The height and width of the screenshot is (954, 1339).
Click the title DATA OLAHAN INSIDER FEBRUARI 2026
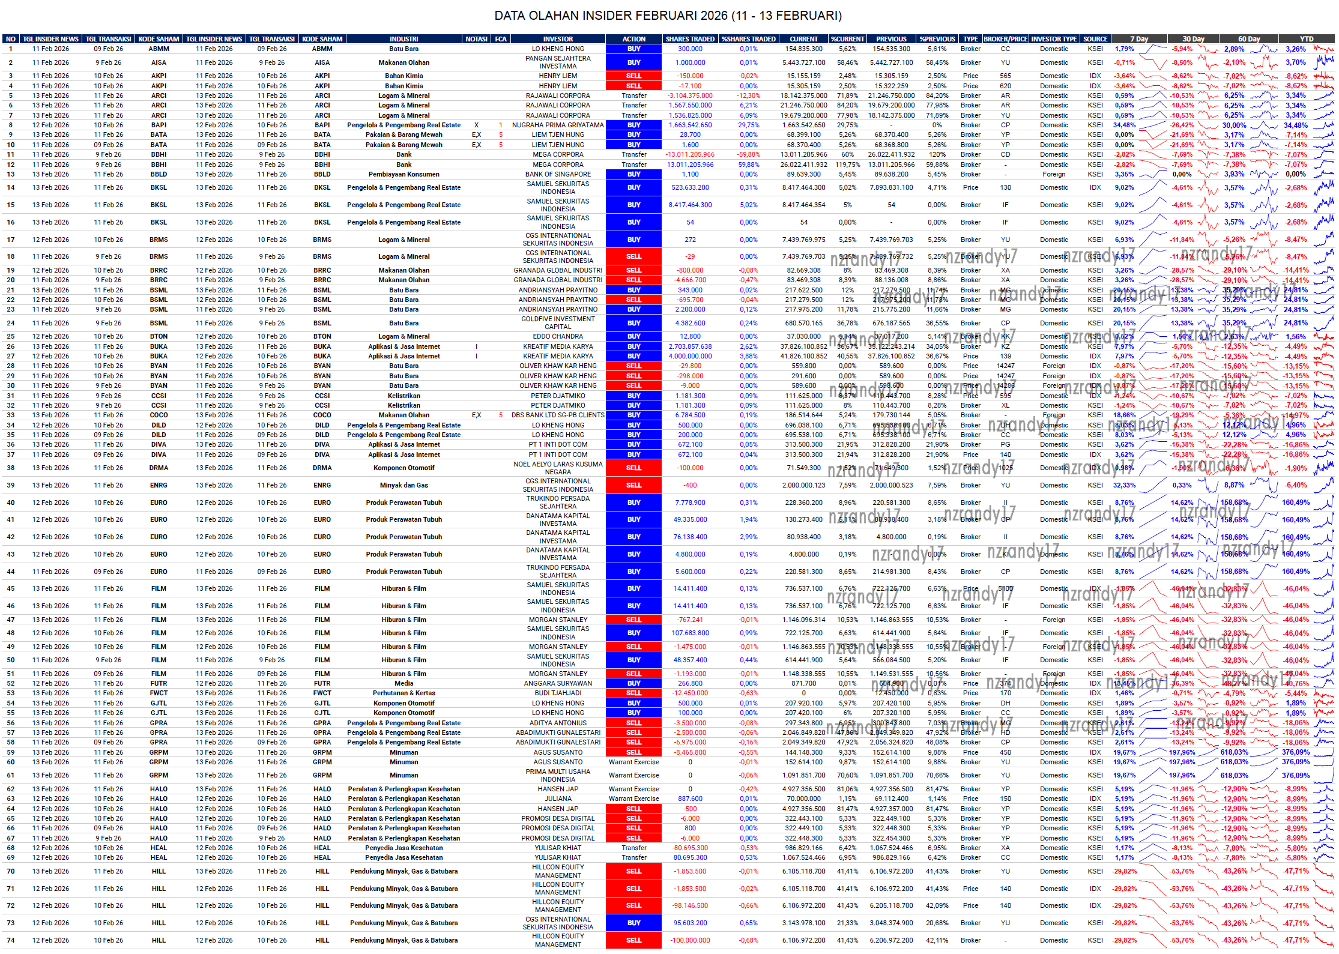point(668,16)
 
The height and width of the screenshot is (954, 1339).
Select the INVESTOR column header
point(558,39)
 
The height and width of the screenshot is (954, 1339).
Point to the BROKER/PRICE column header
point(1005,39)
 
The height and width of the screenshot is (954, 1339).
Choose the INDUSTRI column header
point(404,39)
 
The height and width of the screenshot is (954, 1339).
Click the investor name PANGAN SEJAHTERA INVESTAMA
point(558,62)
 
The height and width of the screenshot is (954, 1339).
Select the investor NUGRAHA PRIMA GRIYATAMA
point(558,125)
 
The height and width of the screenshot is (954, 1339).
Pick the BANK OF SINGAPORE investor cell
point(558,174)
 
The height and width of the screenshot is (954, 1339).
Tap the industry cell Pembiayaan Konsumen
point(404,174)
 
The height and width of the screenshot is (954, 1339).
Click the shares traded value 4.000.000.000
point(690,356)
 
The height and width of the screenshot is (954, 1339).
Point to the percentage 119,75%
point(847,165)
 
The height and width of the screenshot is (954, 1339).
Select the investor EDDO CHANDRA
point(558,336)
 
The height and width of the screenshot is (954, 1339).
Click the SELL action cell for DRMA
point(633,468)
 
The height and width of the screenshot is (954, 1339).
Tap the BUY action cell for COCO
point(633,415)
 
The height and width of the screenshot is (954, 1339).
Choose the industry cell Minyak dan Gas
point(404,485)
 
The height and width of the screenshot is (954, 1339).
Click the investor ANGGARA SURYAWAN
point(558,683)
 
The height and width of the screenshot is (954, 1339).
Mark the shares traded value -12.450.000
point(690,693)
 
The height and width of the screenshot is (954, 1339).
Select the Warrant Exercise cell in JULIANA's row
point(633,799)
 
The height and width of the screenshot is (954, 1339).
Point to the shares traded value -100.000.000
point(690,940)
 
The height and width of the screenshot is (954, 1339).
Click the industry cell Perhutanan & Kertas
point(404,693)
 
